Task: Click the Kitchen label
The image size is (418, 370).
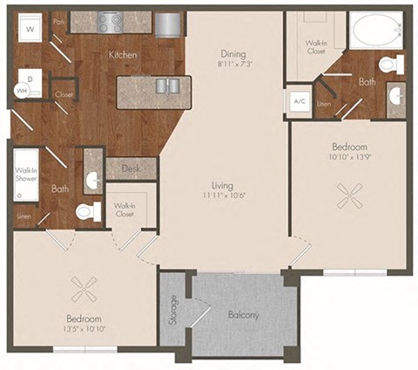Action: point(121,54)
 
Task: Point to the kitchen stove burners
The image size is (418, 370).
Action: point(112,21)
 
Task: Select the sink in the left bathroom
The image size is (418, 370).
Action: point(93,182)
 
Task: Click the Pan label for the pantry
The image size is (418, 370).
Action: point(58,21)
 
